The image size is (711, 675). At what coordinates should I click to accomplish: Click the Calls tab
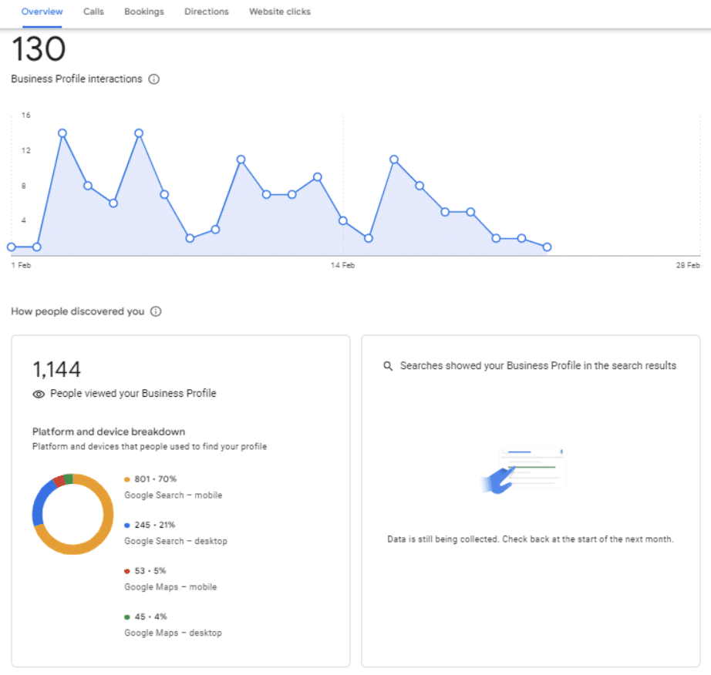[x=93, y=12]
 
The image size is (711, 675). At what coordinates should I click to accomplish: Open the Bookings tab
[x=144, y=12]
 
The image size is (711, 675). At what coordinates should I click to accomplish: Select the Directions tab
[x=207, y=12]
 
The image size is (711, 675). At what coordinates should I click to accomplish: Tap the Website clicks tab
[x=280, y=12]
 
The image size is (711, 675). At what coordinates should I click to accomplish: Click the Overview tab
[x=42, y=12]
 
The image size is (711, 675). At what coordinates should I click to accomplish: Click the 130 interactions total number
[x=39, y=49]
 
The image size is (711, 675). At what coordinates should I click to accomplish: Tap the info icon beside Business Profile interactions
[x=154, y=79]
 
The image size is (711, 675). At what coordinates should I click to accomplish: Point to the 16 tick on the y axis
[x=26, y=115]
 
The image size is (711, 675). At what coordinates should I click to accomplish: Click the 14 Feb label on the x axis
[x=342, y=265]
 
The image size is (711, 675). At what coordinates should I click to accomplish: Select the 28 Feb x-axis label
[x=687, y=265]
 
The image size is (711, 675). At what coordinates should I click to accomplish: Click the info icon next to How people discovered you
[x=156, y=311]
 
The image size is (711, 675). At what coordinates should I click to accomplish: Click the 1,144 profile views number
[x=57, y=369]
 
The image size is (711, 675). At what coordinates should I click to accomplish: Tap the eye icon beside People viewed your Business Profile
[x=39, y=394]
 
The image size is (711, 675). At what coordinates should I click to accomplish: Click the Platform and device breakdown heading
[x=109, y=432]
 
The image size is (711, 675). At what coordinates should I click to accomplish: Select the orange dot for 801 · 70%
[x=127, y=479]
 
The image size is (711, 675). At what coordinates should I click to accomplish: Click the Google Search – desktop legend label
[x=176, y=541]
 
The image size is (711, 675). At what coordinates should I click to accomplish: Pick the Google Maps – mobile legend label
[x=170, y=586]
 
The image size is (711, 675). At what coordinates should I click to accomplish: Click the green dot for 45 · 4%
[x=127, y=617]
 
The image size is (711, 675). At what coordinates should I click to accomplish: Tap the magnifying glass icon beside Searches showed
[x=388, y=365]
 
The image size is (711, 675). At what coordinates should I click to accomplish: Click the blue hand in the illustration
[x=498, y=481]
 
